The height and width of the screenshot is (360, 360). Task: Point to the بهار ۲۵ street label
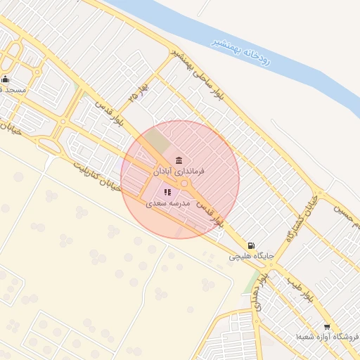(x=134, y=94)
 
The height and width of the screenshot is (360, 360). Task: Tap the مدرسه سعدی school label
(x=169, y=203)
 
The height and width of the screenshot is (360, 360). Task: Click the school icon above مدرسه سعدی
(x=168, y=192)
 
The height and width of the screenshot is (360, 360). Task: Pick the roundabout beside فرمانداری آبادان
(x=184, y=184)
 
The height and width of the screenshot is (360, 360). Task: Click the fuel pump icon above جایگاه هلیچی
(x=252, y=246)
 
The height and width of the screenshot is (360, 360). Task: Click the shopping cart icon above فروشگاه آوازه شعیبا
(x=326, y=327)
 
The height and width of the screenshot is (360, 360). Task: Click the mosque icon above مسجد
(x=6, y=79)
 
